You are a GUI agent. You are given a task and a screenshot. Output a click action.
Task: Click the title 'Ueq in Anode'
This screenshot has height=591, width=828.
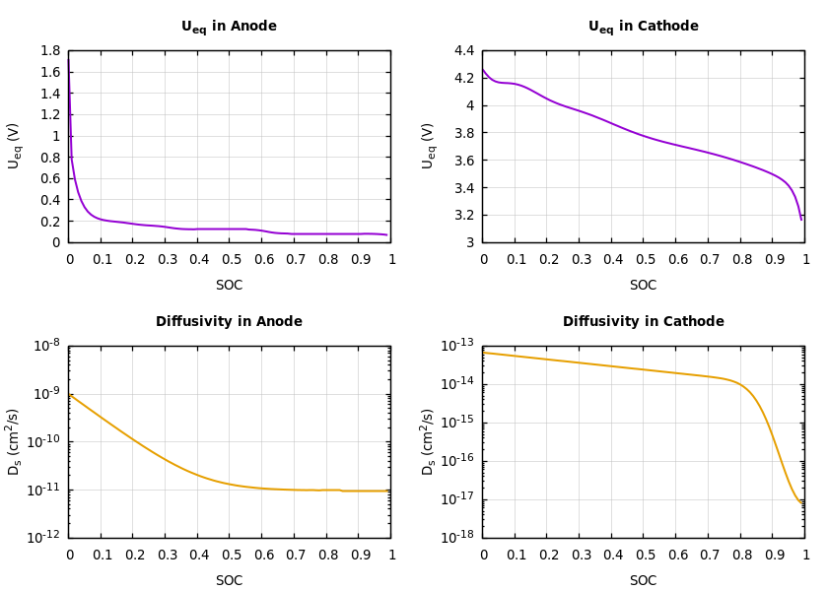tap(229, 27)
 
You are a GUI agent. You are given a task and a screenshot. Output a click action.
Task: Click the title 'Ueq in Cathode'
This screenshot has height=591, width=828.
tap(643, 27)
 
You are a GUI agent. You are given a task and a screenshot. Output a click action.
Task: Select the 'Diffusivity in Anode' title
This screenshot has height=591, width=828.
tap(229, 322)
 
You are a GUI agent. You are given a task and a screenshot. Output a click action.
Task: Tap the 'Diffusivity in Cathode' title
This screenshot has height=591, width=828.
tap(643, 322)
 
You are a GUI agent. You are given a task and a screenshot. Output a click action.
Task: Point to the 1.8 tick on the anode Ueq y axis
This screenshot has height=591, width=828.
tap(50, 51)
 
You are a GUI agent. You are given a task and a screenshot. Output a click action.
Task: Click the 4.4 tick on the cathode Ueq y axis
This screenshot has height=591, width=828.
tap(464, 51)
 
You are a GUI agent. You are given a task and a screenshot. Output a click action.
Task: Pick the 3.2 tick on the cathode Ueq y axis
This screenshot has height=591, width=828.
tap(464, 216)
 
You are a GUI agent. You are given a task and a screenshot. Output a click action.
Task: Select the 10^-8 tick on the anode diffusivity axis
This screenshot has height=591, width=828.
tap(47, 345)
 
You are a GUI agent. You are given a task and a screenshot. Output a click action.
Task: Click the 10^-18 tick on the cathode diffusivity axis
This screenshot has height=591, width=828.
tap(459, 537)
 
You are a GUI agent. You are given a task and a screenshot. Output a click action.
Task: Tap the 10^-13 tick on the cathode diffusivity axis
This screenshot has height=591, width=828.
tap(459, 345)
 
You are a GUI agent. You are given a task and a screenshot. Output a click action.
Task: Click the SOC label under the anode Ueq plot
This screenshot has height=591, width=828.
tap(229, 286)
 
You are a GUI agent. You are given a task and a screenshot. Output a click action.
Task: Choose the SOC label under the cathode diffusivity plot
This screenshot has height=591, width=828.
tap(643, 581)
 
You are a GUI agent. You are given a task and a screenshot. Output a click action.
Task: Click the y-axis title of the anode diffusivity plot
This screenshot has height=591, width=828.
tap(15, 441)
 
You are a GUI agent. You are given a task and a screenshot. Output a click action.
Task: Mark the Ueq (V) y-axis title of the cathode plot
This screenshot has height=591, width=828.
tap(429, 146)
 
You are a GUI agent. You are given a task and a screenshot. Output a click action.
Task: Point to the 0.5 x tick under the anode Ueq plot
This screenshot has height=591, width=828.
tap(230, 260)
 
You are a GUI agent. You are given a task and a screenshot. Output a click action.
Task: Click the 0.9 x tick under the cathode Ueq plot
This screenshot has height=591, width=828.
tap(773, 260)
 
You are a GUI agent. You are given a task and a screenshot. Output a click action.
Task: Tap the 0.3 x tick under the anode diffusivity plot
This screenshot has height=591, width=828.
tap(166, 556)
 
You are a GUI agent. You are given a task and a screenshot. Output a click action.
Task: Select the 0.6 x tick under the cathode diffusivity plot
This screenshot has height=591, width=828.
tap(676, 556)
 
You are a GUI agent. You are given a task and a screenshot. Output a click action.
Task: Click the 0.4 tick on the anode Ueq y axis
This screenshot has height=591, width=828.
tap(50, 200)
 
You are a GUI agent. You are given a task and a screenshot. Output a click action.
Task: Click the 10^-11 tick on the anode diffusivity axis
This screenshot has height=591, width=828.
tap(46, 490)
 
